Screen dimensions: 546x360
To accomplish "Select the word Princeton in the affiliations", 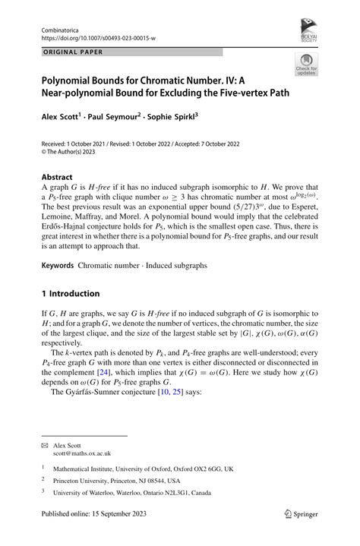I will tap(74, 481).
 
